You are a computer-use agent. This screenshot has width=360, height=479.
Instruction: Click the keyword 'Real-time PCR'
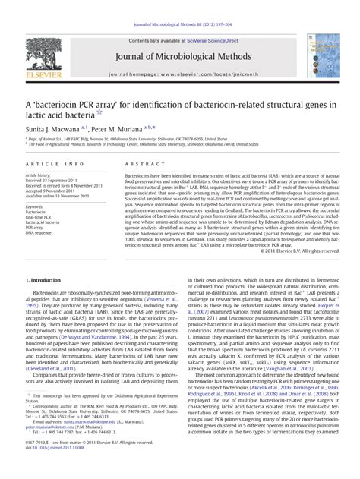click(x=39, y=216)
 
